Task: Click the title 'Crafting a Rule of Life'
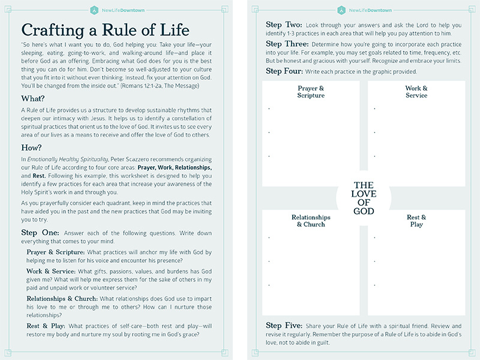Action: [105, 30]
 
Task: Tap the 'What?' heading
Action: [32, 98]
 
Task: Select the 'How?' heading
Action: [31, 148]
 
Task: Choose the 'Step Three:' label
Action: [287, 44]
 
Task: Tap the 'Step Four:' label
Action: [284, 71]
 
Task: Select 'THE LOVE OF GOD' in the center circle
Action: [364, 198]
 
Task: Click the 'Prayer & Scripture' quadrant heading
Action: [311, 92]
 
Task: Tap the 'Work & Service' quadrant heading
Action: [416, 92]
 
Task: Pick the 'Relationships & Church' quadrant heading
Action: [311, 221]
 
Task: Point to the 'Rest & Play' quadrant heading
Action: [416, 221]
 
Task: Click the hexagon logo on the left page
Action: [94, 10]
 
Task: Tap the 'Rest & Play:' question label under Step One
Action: [46, 326]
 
